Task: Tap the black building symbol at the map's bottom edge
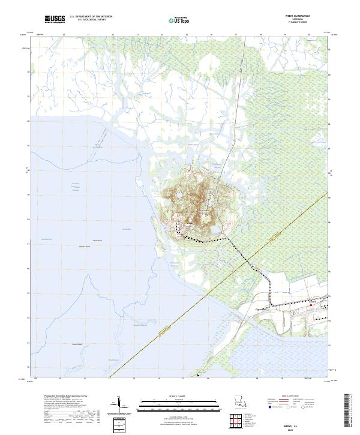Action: click(198, 376)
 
